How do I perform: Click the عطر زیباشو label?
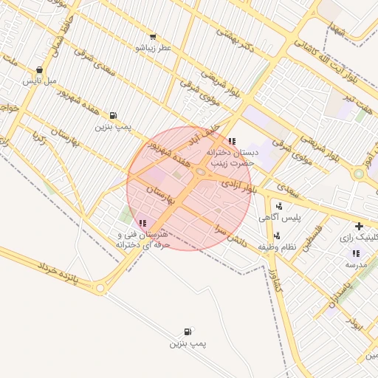[153, 47]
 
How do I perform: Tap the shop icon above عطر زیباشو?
[153, 36]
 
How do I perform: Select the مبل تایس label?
[38, 80]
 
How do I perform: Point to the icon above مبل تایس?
[38, 70]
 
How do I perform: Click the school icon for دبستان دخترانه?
[233, 141]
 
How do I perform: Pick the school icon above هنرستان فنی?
[142, 223]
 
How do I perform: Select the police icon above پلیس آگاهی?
[278, 206]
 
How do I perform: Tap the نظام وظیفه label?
[278, 247]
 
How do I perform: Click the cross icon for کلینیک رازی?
[359, 226]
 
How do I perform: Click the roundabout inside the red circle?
[200, 172]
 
